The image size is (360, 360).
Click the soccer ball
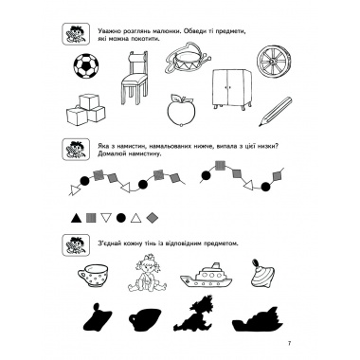(86, 66)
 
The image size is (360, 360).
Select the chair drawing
(135, 78)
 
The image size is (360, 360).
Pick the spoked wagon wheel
(271, 61)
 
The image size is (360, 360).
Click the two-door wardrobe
(231, 89)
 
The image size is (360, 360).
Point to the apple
(181, 110)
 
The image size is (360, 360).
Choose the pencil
(275, 112)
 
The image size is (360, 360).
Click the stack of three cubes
(85, 109)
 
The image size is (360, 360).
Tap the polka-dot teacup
(93, 276)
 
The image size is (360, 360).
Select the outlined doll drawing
(147, 273)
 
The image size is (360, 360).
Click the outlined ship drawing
(206, 276)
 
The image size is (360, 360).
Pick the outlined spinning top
(262, 274)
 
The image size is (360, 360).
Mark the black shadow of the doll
(196, 313)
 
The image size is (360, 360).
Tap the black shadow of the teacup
(145, 318)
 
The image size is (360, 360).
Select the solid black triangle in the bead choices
(75, 218)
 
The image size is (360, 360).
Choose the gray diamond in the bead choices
(153, 218)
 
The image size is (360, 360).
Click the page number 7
(289, 344)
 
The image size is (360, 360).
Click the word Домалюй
(109, 153)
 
